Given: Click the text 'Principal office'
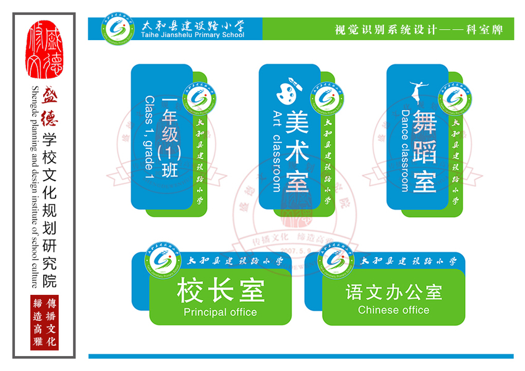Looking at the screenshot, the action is (220, 312).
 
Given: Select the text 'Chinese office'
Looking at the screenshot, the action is (393, 310).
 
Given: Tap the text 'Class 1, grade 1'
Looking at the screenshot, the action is (149, 138).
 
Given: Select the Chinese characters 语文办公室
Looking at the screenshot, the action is (394, 291).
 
